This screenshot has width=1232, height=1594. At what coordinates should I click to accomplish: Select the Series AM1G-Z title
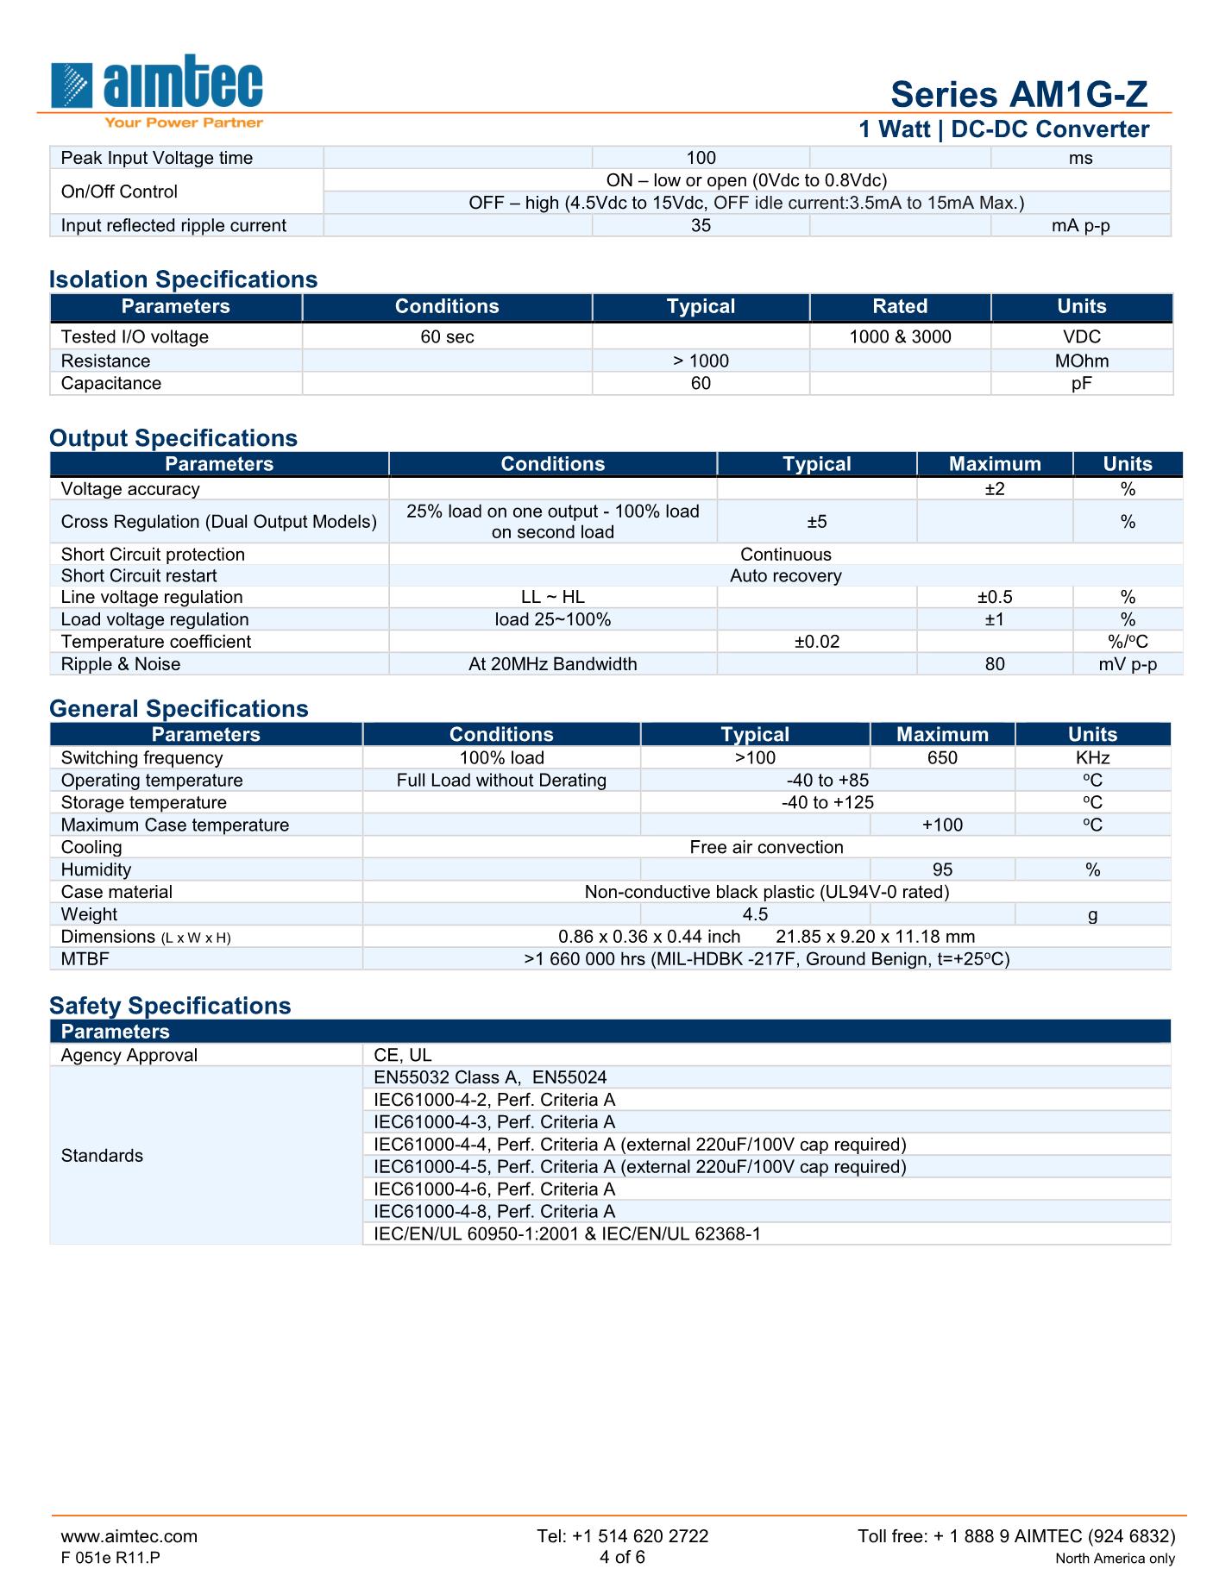click(1019, 94)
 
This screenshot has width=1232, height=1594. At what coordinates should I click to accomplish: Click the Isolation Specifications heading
click(183, 279)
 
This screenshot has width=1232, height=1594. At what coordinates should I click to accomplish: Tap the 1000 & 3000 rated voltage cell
click(900, 337)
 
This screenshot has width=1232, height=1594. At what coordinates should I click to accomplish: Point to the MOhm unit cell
click(1081, 361)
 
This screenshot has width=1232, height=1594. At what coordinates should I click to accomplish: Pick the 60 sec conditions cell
click(447, 337)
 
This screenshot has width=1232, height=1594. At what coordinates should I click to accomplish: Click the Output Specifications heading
click(173, 438)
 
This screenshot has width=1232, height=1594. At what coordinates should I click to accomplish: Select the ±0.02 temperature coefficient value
click(816, 642)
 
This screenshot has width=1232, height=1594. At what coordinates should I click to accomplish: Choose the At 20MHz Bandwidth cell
click(552, 664)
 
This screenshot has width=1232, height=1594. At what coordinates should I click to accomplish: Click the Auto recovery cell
click(785, 576)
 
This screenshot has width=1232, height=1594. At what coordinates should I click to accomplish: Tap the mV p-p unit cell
click(1128, 664)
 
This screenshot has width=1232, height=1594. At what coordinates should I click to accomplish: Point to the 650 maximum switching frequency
click(942, 758)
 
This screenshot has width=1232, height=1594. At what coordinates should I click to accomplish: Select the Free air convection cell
click(766, 847)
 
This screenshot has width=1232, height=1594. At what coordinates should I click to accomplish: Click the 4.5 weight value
click(755, 914)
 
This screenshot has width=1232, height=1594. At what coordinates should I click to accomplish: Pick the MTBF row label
click(85, 959)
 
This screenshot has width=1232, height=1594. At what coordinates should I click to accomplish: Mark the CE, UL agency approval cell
click(403, 1056)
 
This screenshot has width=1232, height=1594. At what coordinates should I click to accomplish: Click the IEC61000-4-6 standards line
click(494, 1189)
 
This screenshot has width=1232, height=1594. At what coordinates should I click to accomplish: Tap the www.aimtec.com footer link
click(129, 1536)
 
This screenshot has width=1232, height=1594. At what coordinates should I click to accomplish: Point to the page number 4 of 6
click(622, 1557)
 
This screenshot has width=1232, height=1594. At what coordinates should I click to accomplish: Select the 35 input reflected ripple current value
click(701, 226)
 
